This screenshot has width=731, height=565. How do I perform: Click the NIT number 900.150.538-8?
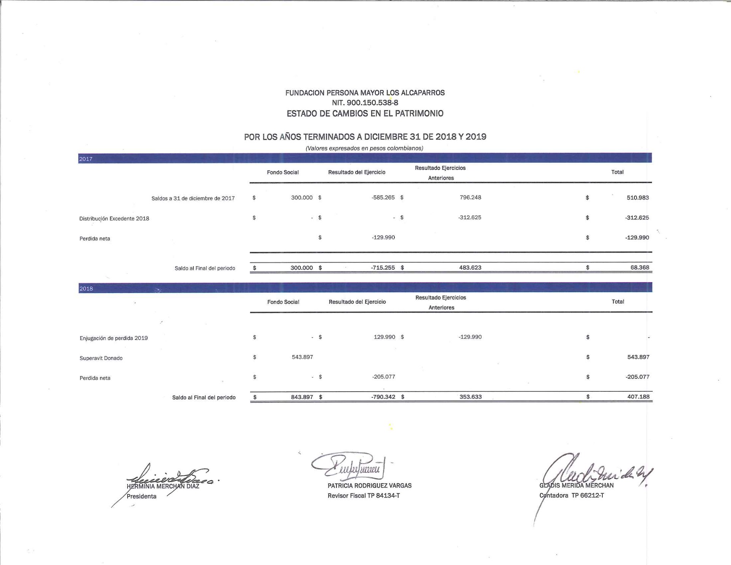click(x=365, y=103)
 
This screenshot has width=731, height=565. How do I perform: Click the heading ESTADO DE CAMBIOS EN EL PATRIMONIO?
click(x=365, y=114)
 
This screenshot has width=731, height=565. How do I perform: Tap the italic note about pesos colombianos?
click(x=364, y=148)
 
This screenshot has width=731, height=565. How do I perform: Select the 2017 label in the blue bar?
click(x=86, y=159)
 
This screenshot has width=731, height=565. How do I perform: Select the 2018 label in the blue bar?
click(x=86, y=288)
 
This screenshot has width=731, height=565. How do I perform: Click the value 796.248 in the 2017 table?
click(x=470, y=197)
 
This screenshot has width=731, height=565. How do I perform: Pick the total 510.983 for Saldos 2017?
click(x=638, y=198)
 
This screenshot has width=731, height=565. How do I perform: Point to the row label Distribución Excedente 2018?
click(x=114, y=219)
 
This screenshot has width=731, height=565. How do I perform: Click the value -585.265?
click(x=383, y=197)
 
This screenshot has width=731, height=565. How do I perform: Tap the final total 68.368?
click(x=640, y=267)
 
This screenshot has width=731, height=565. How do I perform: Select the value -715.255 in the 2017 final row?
click(x=383, y=268)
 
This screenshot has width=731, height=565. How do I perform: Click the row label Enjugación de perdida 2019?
click(x=113, y=338)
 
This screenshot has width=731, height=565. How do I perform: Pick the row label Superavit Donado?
click(x=101, y=358)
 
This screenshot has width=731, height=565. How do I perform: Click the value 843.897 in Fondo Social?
click(x=302, y=397)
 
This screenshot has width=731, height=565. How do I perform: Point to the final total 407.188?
click(x=638, y=397)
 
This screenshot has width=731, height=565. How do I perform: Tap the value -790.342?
click(x=383, y=397)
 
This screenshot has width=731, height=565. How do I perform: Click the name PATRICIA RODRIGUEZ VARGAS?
click(x=369, y=486)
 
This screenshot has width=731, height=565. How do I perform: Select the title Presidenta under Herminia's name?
click(x=141, y=496)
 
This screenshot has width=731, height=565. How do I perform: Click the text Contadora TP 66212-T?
click(x=571, y=496)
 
